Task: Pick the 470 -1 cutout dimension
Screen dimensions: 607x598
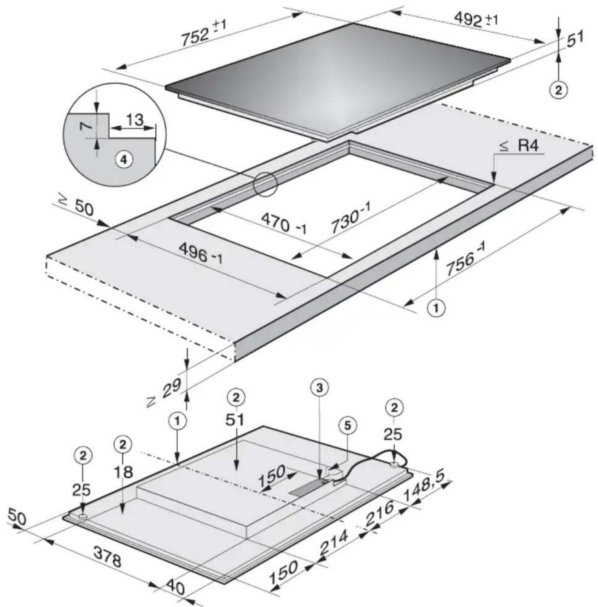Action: point(282,222)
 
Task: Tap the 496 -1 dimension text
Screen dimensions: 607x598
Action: point(200,253)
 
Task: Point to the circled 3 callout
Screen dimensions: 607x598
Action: point(321,388)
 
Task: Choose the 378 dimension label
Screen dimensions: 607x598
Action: point(108,556)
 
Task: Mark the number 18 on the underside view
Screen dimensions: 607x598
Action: point(123,472)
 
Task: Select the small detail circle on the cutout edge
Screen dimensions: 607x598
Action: point(265,185)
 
